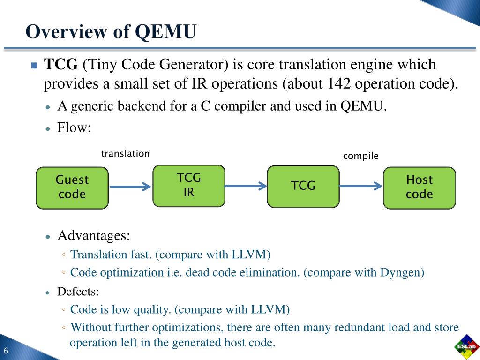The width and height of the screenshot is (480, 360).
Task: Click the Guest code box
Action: (72, 187)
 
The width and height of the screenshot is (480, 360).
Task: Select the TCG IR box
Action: (188, 186)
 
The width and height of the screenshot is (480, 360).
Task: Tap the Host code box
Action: (419, 187)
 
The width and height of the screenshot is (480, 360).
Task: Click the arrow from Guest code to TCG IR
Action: (130, 187)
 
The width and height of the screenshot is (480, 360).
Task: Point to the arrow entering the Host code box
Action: (360, 186)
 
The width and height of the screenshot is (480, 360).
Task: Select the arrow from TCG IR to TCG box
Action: (246, 186)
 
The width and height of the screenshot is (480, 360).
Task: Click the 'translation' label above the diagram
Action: (125, 154)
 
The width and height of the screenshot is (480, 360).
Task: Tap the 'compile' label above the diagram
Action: (360, 156)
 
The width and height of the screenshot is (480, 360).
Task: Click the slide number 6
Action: (7, 352)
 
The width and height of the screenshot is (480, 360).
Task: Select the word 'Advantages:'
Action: (94, 235)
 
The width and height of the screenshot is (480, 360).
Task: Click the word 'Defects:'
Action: (78, 292)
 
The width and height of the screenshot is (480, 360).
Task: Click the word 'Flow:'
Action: (74, 127)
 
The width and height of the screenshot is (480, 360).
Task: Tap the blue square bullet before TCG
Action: (34, 66)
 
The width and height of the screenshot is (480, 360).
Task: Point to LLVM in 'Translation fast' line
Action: (250, 255)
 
